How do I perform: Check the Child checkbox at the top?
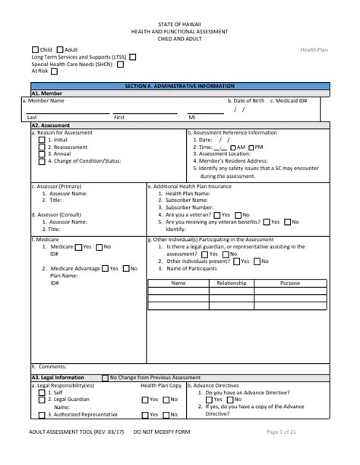tap(35, 49)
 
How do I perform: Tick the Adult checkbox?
tap(61, 49)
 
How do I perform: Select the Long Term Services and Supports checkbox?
tap(133, 57)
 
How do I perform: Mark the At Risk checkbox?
tap(55, 71)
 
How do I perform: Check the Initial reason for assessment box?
tap(43, 140)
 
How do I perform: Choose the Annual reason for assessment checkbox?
tap(43, 154)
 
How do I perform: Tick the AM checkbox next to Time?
tap(232, 147)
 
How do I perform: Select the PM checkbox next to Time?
tap(251, 147)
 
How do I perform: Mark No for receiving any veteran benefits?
tap(286, 222)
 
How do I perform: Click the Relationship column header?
tap(232, 283)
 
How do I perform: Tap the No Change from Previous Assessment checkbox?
tap(105, 377)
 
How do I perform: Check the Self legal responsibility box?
tap(43, 393)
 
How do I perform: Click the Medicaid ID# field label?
tap(292, 100)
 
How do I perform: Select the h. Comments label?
tap(50, 366)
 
